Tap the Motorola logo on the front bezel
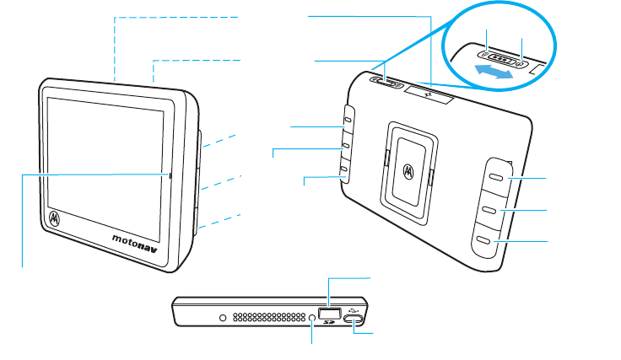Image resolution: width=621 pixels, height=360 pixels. pos(55,218)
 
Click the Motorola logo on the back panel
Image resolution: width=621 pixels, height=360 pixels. pos(409,170)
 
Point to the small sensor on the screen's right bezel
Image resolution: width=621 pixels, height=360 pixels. pos(170,175)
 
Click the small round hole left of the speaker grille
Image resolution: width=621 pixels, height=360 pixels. pos(223,319)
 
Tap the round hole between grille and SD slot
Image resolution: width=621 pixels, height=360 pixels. pos(313,318)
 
